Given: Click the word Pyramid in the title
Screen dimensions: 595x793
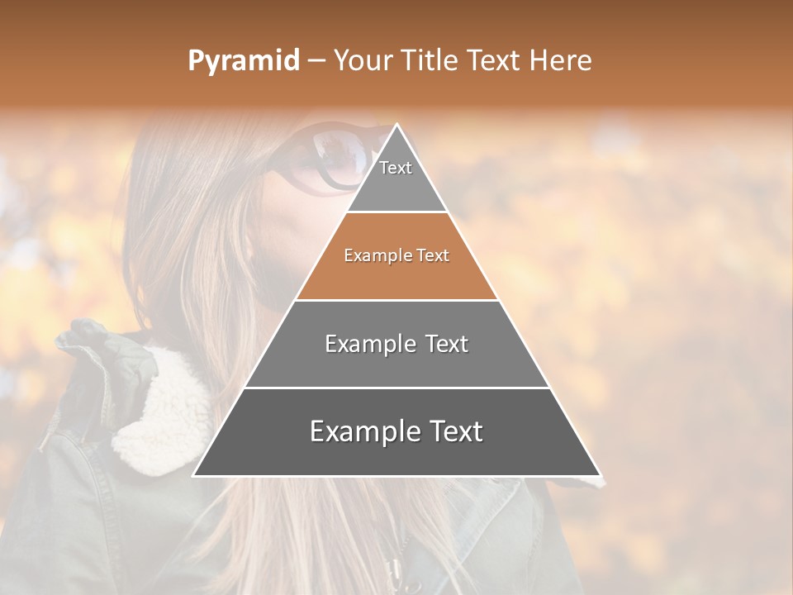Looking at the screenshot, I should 243,61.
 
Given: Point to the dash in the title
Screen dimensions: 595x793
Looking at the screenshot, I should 316,61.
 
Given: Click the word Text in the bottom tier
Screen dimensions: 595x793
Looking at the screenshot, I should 451,432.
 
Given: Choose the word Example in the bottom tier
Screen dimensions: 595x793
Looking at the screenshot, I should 360,432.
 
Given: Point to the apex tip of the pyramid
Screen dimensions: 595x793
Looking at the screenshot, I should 397,126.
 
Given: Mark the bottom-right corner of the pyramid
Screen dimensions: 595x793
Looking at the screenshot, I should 600,475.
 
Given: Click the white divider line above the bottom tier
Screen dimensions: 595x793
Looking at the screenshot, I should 396,388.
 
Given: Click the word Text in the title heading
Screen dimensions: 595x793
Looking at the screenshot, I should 493,60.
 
